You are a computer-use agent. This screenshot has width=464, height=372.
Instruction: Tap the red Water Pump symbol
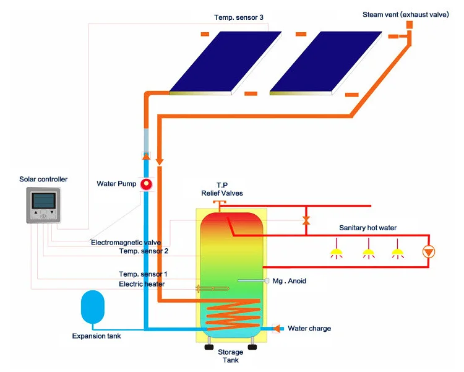pyautogui.click(x=146, y=184)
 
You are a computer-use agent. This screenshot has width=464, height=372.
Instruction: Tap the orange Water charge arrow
pyautogui.click(x=277, y=328)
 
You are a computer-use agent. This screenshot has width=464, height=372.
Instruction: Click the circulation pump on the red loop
pyautogui.click(x=427, y=251)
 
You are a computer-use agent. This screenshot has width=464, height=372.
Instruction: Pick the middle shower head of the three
pyautogui.click(x=368, y=253)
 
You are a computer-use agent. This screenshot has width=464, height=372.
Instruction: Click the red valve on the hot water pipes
pyautogui.click(x=306, y=220)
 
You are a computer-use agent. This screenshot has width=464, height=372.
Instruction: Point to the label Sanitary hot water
pyautogui.click(x=367, y=228)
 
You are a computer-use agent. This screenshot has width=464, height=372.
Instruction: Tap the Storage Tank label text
pyautogui.click(x=230, y=356)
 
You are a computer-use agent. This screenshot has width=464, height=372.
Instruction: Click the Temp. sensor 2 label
pyautogui.click(x=143, y=251)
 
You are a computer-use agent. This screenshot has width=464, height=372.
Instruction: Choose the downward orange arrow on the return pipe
pyautogui.click(x=159, y=162)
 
